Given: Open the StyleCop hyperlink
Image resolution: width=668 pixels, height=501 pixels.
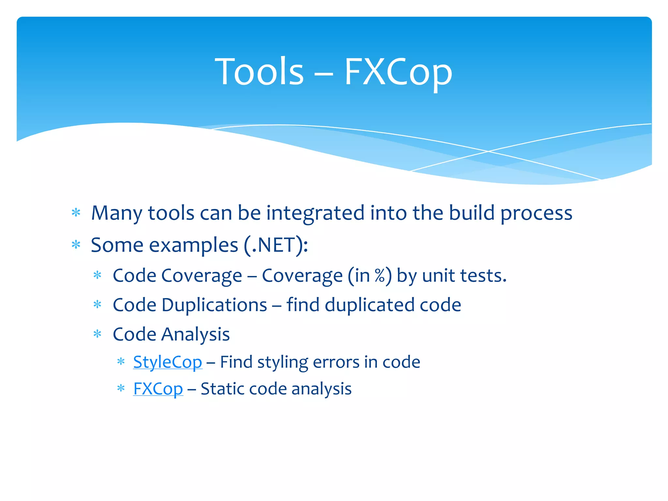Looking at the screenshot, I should (168, 362).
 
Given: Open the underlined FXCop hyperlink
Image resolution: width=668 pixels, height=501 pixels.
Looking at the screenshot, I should (158, 389).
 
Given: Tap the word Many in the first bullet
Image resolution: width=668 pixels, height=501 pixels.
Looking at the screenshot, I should (116, 213).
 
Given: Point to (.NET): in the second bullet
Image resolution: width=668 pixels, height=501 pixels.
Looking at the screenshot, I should (276, 245).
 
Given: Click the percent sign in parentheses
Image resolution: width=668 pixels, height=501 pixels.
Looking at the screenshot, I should (380, 276).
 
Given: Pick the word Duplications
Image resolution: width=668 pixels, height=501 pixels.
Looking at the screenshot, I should (214, 305).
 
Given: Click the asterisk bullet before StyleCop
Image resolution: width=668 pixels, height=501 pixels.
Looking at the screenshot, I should (121, 361).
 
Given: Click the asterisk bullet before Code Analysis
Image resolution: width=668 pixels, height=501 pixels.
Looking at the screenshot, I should (98, 334).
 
